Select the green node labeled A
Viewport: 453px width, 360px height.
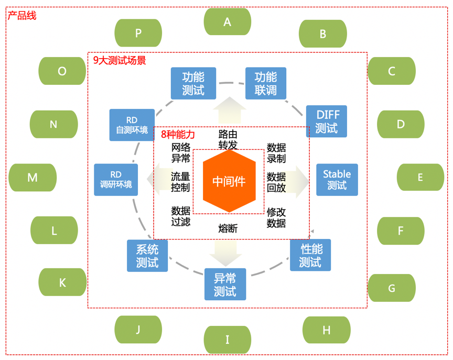point(228,21)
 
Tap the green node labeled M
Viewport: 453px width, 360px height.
point(33,177)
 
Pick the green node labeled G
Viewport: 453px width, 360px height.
point(392,288)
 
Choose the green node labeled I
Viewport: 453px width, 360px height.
point(228,340)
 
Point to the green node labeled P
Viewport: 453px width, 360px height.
point(138,33)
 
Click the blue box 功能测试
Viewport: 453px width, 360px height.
point(193,83)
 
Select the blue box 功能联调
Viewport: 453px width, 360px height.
point(266,83)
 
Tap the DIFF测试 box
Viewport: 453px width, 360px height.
point(327,121)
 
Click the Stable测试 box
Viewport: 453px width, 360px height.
point(337,180)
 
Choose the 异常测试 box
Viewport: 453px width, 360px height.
point(225,285)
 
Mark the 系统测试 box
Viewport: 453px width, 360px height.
point(147,256)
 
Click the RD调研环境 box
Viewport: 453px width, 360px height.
point(116,180)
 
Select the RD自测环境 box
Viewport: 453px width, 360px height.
point(132,125)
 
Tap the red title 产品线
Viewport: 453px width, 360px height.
point(22,15)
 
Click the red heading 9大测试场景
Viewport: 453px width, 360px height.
point(120,60)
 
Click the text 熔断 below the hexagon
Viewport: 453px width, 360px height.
point(228,228)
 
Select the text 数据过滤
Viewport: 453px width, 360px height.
point(181,216)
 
